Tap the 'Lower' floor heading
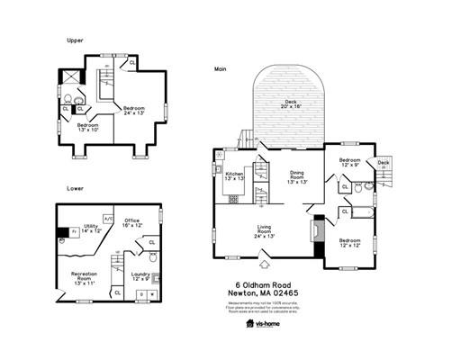click(x=75, y=188)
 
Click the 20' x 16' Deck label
click(x=290, y=104)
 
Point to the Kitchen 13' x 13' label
click(x=235, y=175)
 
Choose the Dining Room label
click(x=297, y=176)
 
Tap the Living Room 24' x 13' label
click(x=265, y=231)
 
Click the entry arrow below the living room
click(x=265, y=265)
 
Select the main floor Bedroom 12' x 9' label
click(x=350, y=162)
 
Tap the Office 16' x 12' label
click(x=132, y=222)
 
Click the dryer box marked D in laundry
click(x=141, y=293)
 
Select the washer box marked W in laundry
click(x=152, y=293)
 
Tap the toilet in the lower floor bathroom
click(x=153, y=257)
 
